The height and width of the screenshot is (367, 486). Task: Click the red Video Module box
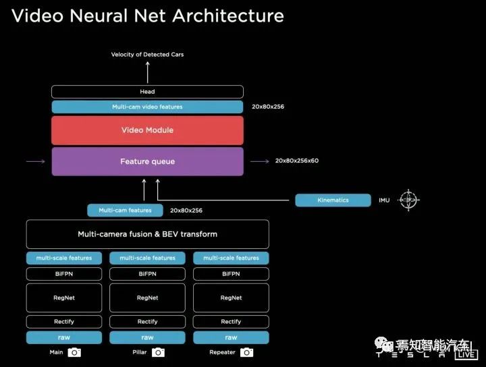[147, 130]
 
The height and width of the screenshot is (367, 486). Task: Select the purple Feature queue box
[147, 162]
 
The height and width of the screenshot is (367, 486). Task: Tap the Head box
[147, 92]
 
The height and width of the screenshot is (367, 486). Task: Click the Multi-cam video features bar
[147, 107]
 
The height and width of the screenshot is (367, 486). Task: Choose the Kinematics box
[333, 200]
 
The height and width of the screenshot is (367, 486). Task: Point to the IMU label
[383, 200]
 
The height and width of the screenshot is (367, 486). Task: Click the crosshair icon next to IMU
[407, 200]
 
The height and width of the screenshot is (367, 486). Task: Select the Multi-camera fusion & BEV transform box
[147, 234]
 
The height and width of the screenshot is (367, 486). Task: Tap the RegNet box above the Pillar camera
[147, 298]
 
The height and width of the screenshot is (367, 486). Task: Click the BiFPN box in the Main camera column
[64, 274]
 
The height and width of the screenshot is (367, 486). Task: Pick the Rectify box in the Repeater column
[231, 322]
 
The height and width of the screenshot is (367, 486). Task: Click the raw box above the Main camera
[64, 337]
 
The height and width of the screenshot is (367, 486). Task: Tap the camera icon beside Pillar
[158, 352]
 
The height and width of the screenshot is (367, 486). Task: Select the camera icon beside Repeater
[247, 352]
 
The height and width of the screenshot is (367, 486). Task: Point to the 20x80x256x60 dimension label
[296, 161]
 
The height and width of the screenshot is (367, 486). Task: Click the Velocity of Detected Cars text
[147, 55]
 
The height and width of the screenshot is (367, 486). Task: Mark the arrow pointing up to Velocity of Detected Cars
[147, 72]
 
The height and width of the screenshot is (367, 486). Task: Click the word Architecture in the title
[228, 16]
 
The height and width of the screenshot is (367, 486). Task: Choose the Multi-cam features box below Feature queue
[125, 210]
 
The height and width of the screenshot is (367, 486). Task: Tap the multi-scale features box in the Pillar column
[147, 258]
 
